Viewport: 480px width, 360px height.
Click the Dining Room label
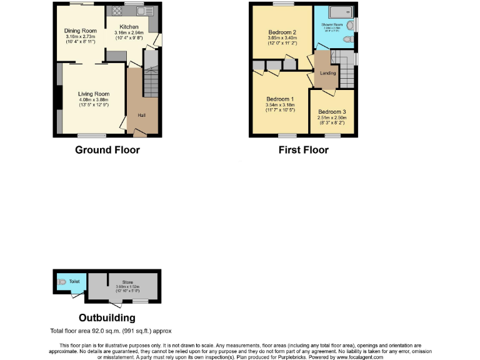tap(81, 31)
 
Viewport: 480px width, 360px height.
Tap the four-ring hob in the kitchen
tap(117, 11)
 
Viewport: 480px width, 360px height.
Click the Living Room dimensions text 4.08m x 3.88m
tap(94, 100)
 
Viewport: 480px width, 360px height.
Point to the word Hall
tap(142, 116)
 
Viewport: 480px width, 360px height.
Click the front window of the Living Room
tap(91, 135)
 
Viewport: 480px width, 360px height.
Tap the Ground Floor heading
tap(107, 150)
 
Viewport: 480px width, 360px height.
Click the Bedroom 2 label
tap(282, 32)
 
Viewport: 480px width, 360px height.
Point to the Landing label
tap(327, 73)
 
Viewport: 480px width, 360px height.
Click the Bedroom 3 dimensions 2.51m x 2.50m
tap(331, 117)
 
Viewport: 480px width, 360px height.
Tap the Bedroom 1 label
tap(280, 99)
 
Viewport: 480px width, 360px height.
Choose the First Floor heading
tap(303, 150)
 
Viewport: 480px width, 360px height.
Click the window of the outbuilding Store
tap(140, 302)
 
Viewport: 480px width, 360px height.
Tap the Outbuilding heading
tap(107, 318)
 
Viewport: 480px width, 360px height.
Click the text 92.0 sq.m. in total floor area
tap(110, 331)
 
